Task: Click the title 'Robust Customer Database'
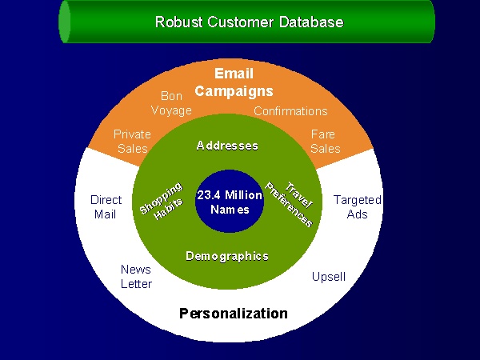pyautogui.click(x=249, y=22)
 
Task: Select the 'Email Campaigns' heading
pyautogui.click(x=234, y=82)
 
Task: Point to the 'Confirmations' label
pyautogui.click(x=290, y=111)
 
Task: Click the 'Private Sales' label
pyautogui.click(x=132, y=141)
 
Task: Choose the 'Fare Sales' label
pyautogui.click(x=325, y=141)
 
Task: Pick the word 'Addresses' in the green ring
pyautogui.click(x=228, y=146)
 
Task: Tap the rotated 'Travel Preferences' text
pyautogui.click(x=290, y=200)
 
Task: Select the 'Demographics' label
pyautogui.click(x=227, y=256)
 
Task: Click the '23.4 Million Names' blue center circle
pyautogui.click(x=230, y=202)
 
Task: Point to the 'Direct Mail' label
pyautogui.click(x=106, y=206)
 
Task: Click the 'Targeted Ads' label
pyautogui.click(x=357, y=206)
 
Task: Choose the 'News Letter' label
pyautogui.click(x=137, y=276)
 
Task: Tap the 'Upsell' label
pyautogui.click(x=328, y=277)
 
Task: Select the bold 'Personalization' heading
pyautogui.click(x=233, y=313)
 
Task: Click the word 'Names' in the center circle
pyautogui.click(x=230, y=210)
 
